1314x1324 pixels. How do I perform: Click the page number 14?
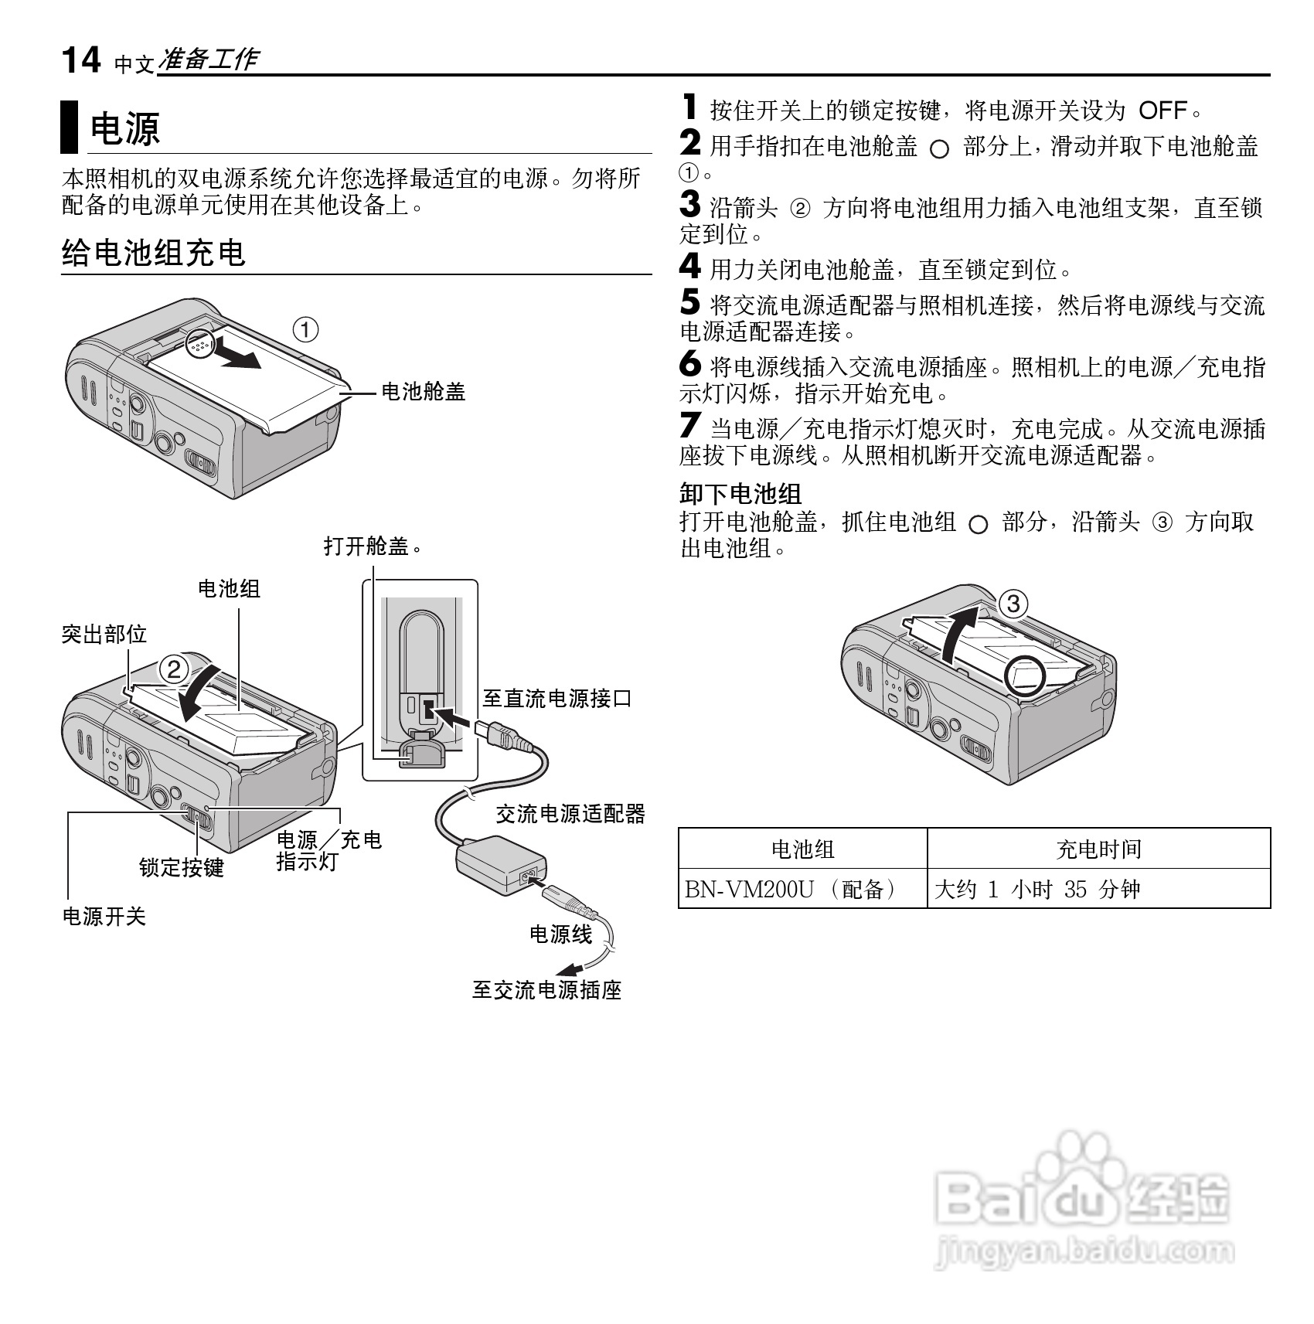[x=80, y=60]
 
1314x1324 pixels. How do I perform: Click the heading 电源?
[x=125, y=128]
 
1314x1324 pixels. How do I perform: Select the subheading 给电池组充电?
[x=153, y=253]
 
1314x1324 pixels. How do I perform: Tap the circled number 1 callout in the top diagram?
[x=305, y=331]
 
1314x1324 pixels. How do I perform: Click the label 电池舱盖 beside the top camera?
[x=424, y=393]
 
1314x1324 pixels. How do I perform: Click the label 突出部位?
[x=104, y=635]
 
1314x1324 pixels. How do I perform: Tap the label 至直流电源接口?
[x=557, y=699]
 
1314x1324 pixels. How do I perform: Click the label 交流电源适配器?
[x=570, y=813]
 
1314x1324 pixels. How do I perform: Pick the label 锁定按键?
[x=181, y=867]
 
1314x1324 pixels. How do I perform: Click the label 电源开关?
[x=104, y=917]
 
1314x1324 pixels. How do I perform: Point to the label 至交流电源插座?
[x=546, y=990]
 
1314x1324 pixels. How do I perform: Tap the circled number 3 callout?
[x=1013, y=604]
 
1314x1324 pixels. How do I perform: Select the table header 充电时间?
[x=1098, y=849]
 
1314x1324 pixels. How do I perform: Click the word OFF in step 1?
[x=1163, y=111]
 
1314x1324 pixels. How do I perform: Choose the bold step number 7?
[x=690, y=426]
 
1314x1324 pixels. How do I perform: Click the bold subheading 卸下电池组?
[x=740, y=493]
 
